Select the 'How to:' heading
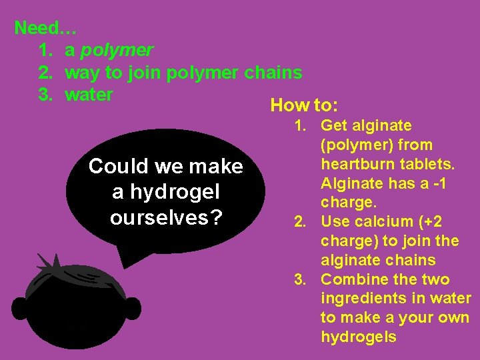pyautogui.click(x=304, y=105)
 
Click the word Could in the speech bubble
pyautogui.click(x=116, y=167)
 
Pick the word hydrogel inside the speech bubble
pyautogui.click(x=175, y=193)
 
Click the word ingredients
pyautogui.click(x=363, y=299)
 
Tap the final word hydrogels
pyautogui.click(x=359, y=337)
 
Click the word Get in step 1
pyautogui.click(x=336, y=125)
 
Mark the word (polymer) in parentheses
pyautogui.click(x=377, y=145)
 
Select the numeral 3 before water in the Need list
pyautogui.click(x=45, y=95)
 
